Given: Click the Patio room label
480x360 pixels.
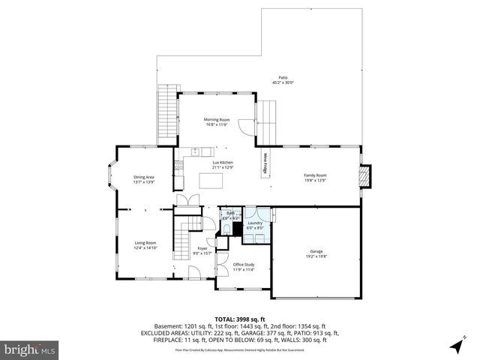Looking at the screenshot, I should (x=283, y=77).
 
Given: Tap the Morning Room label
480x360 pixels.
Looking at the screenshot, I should (x=217, y=119).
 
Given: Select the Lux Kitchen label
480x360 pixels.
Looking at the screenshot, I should (x=223, y=163).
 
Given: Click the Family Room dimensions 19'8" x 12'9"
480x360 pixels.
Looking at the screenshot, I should (x=315, y=180).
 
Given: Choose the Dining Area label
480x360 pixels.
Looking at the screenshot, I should (x=143, y=176).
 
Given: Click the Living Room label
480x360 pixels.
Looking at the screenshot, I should (x=145, y=242).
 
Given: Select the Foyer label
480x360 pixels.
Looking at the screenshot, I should (x=202, y=248).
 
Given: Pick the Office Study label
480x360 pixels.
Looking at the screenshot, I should (x=244, y=265).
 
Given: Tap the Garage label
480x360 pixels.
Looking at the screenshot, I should (x=316, y=251).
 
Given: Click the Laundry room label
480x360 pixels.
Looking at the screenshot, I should (x=256, y=223).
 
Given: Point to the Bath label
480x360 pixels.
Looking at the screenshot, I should (x=230, y=214).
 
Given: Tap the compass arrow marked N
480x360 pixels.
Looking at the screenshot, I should (x=455, y=345).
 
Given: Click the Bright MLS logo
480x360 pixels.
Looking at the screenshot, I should (x=29, y=349).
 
